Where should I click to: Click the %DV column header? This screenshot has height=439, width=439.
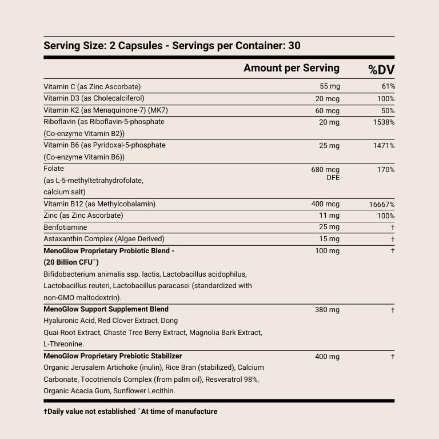[381, 70]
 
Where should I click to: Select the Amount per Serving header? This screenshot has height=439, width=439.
[291, 68]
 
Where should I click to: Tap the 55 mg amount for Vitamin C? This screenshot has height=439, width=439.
[329, 86]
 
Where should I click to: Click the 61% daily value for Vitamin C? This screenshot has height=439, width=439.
[388, 86]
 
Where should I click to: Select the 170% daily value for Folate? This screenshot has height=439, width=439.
[385, 169]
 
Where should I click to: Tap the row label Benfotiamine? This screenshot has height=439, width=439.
[65, 227]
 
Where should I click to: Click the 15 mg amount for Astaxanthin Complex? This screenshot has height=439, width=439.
[329, 239]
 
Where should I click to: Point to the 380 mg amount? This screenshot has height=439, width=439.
[327, 310]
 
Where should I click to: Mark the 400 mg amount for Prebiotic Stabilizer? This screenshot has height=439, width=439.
[327, 357]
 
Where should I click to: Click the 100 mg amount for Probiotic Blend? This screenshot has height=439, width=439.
[327, 251]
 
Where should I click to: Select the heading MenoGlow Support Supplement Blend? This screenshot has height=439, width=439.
[106, 309]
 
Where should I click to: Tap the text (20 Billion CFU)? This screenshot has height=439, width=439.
[71, 262]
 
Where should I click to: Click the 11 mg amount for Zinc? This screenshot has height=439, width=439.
[330, 215]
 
